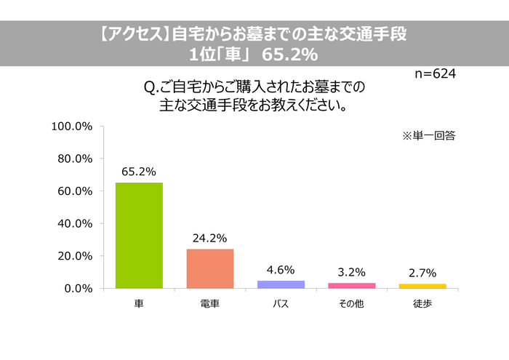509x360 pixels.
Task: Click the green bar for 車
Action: tap(139, 235)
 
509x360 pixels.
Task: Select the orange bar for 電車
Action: tap(210, 268)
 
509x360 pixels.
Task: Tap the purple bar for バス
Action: tap(281, 284)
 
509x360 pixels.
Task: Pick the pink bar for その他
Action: tap(352, 285)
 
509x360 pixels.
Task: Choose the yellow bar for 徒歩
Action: tap(422, 286)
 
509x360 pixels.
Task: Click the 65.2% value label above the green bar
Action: tap(139, 172)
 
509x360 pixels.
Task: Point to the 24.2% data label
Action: tap(210, 238)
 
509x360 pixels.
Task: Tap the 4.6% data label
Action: tap(281, 270)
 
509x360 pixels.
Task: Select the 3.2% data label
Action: tap(352, 273)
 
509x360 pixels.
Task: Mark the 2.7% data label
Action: tap(422, 273)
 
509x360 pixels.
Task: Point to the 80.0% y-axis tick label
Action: tap(74, 159)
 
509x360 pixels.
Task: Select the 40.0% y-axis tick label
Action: tap(74, 223)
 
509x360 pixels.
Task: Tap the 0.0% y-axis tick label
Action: tap(77, 289)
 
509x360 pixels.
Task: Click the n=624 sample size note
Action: tap(436, 73)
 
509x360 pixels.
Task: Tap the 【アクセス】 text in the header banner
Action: tap(133, 33)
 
